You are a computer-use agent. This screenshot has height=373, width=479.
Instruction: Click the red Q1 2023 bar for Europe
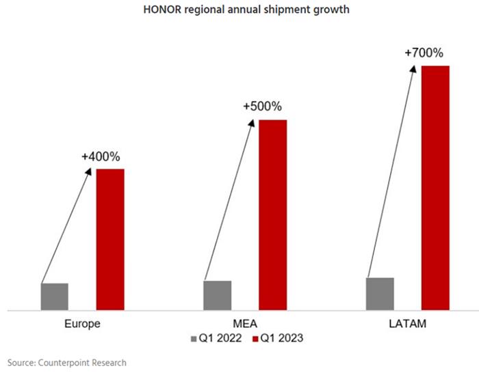click(x=109, y=239)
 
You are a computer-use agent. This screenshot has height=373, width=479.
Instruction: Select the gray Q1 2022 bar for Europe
click(x=55, y=296)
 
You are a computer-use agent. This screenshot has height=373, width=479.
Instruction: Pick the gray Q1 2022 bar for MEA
click(x=218, y=295)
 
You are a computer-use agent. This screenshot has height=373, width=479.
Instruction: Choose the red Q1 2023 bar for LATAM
click(x=435, y=188)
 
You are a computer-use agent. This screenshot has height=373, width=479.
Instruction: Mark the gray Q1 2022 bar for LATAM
click(x=380, y=294)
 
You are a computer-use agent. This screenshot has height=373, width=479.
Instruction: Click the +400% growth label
click(x=101, y=157)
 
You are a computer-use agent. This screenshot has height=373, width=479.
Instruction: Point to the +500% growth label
click(x=262, y=107)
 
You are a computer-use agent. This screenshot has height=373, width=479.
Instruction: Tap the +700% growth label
click(x=425, y=52)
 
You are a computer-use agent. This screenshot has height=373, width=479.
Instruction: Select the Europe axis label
click(x=82, y=324)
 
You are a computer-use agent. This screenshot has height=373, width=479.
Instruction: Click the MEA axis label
click(x=245, y=324)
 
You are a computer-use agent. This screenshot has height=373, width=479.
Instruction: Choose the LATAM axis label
click(x=408, y=324)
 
